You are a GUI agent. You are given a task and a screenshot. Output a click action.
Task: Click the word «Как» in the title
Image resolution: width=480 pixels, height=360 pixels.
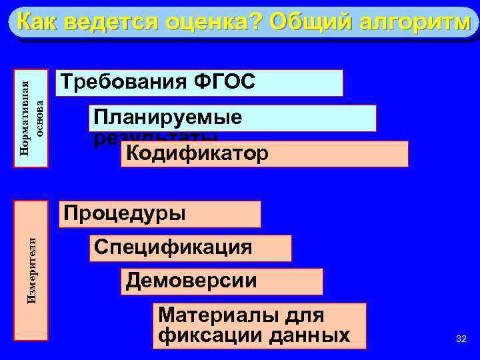(x=37, y=23)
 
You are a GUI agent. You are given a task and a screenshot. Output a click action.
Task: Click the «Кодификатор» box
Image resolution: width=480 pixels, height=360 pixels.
(x=264, y=154)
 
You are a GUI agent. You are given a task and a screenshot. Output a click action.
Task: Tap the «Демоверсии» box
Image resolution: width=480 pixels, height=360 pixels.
(x=223, y=281)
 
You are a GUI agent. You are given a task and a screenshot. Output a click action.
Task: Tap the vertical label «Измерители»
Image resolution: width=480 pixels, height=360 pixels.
(x=32, y=270)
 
